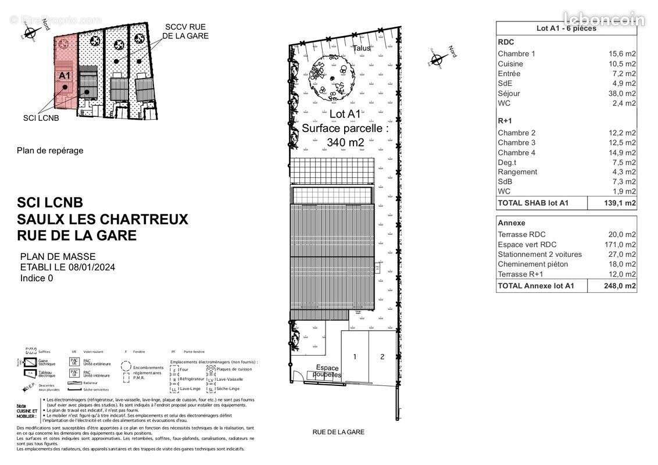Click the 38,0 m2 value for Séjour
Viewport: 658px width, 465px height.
pos(622,94)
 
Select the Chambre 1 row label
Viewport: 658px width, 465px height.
pos(516,54)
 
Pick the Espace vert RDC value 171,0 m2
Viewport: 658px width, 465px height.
pos(620,245)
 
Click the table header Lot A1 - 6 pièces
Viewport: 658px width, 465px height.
pos(566,28)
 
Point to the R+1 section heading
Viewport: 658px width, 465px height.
pos(505,120)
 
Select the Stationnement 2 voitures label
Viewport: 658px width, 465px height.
pos(539,255)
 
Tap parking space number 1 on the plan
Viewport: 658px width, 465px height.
pos(355,357)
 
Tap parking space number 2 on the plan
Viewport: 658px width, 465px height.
pos(382,357)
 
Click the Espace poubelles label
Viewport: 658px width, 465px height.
pos(327,371)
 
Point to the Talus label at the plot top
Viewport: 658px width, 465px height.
pos(362,48)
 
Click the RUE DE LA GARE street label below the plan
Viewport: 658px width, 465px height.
pos(338,432)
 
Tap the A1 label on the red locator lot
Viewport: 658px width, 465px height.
pos(64,76)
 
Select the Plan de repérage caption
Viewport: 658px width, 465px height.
pos(50,151)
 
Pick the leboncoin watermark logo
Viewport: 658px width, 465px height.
pos(605,19)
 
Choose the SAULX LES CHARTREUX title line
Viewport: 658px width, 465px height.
pos(102,219)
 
